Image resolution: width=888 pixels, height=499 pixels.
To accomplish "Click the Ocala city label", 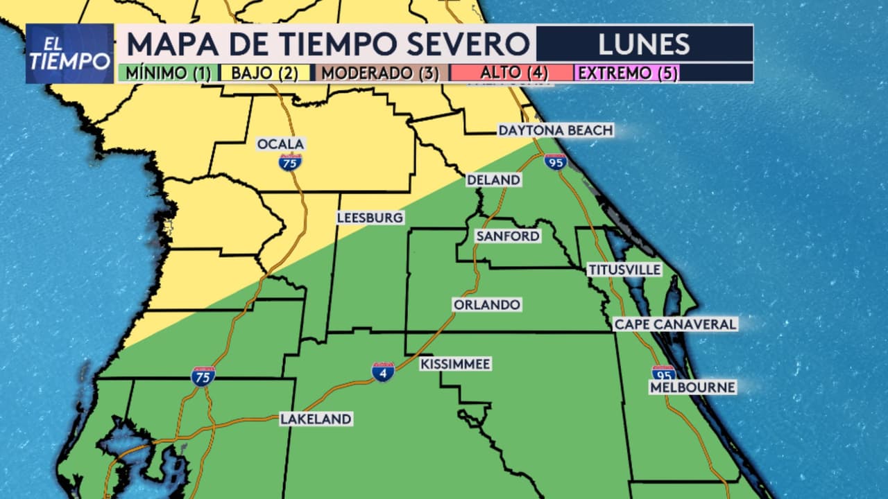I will coord(281,144).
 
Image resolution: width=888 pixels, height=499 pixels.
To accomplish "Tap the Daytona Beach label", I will coord(556,130).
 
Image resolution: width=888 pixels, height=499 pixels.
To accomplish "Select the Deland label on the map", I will coord(493,180).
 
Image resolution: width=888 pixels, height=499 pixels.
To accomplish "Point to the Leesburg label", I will coord(370,218).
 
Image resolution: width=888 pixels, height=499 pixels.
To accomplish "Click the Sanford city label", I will coord(507,236).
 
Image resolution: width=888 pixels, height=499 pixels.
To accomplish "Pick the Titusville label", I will coord(624,270).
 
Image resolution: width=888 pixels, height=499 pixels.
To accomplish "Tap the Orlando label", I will coord(486,305).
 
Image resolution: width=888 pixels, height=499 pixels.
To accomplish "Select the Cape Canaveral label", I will coord(675,324).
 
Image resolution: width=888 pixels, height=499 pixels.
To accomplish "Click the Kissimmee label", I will coord(456,364).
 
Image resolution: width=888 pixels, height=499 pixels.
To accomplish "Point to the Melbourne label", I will coord(692,387).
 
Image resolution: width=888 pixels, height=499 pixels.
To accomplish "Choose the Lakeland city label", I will coord(316,419).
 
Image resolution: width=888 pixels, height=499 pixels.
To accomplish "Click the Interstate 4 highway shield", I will coord(383,372).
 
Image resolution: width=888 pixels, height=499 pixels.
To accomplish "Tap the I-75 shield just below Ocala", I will coord(290,162).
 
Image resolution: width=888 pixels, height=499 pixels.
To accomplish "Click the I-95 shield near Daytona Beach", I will coord(556,162).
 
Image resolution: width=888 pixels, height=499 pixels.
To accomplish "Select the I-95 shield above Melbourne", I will coord(663,373).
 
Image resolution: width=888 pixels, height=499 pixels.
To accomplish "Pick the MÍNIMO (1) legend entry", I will coord(167,73).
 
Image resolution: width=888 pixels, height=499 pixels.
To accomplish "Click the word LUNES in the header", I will coord(644,44).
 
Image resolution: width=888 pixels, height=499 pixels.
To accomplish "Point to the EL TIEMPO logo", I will coord(69,54).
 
